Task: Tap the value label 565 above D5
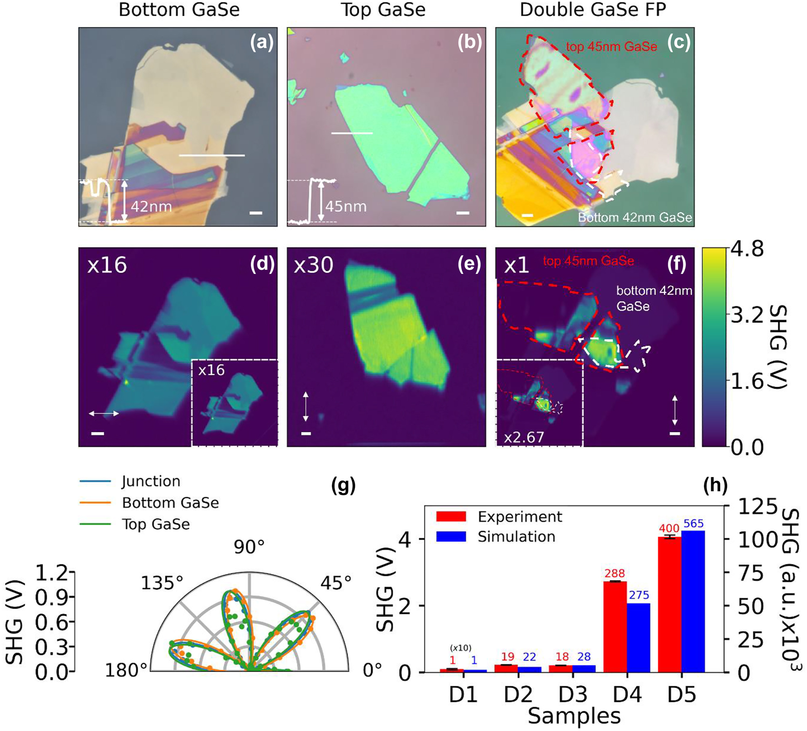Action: click(x=693, y=524)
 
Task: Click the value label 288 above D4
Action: click(x=615, y=573)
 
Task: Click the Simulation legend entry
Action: click(x=516, y=537)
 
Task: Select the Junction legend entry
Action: click(x=151, y=481)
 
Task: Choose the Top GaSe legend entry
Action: click(x=155, y=524)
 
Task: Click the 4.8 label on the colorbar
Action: click(x=746, y=250)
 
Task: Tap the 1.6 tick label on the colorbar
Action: click(x=746, y=381)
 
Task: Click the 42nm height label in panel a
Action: click(x=151, y=207)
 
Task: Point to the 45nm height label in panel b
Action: click(x=346, y=206)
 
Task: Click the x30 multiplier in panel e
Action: click(x=313, y=265)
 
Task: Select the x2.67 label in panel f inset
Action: click(x=524, y=437)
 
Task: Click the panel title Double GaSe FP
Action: click(x=593, y=10)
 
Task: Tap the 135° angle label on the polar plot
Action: click(x=162, y=582)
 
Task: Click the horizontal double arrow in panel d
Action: click(x=104, y=414)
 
